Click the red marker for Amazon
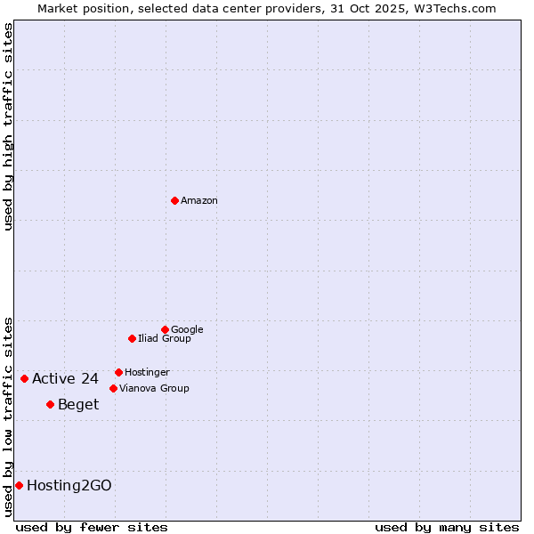174,200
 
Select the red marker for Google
165,329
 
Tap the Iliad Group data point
132,338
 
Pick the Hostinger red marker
118,372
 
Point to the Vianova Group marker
113,388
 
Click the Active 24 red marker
24,378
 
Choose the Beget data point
50,404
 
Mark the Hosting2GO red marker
19,485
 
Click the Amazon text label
199,201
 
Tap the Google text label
187,330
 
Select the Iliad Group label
165,339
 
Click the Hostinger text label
147,373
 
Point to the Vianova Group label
154,389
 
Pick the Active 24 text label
65,379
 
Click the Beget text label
78,405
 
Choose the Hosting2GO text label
69,486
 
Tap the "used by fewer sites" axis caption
92,528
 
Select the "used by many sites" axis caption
447,528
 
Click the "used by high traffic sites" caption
9,126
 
